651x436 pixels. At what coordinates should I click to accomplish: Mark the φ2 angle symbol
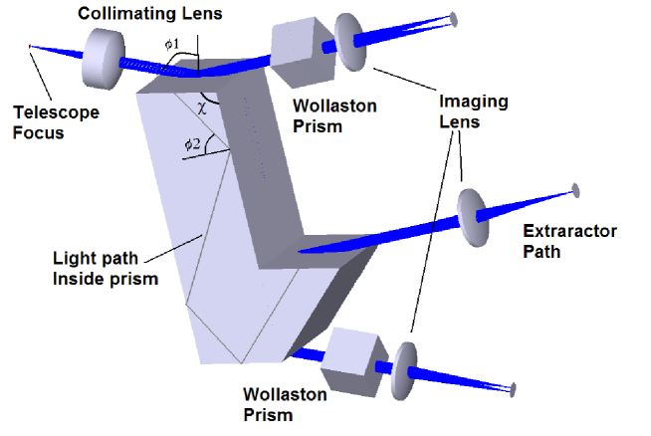192,145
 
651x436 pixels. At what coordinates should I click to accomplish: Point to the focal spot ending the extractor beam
574,188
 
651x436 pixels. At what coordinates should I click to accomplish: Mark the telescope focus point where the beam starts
31,46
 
